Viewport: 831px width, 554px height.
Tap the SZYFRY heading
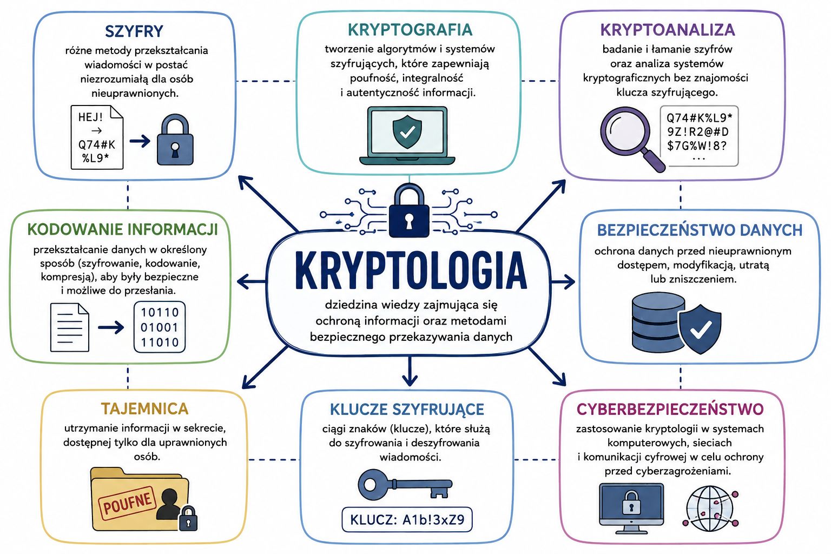pyautogui.click(x=134, y=31)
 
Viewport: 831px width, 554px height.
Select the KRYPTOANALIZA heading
pyautogui.click(x=668, y=30)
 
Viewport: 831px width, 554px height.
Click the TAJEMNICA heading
pyautogui.click(x=144, y=408)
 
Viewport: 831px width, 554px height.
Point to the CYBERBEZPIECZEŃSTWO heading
pyautogui.click(x=670, y=409)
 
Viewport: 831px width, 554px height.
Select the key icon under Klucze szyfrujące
pyautogui.click(x=405, y=485)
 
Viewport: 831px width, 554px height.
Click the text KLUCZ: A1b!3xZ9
pyautogui.click(x=407, y=519)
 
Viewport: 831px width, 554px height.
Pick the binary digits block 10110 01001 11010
pyautogui.click(x=160, y=327)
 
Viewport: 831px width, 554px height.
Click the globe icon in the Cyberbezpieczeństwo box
pyautogui.click(x=710, y=509)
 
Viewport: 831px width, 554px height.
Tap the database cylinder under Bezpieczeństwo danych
pyautogui.click(x=658, y=322)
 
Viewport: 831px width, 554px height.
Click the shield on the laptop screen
pyautogui.click(x=407, y=131)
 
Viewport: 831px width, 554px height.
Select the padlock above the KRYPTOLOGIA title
pyautogui.click(x=409, y=210)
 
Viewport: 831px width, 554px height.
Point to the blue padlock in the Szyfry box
pyautogui.click(x=175, y=140)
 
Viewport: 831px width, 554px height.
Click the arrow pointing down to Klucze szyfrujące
pyautogui.click(x=410, y=371)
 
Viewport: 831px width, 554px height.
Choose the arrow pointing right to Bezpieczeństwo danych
pyautogui.click(x=563, y=282)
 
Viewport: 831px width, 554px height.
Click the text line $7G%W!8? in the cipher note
pyautogui.click(x=696, y=146)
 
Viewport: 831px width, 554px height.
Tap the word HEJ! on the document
pyautogui.click(x=90, y=117)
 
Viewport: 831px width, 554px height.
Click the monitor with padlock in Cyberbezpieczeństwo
pyautogui.click(x=631, y=508)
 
